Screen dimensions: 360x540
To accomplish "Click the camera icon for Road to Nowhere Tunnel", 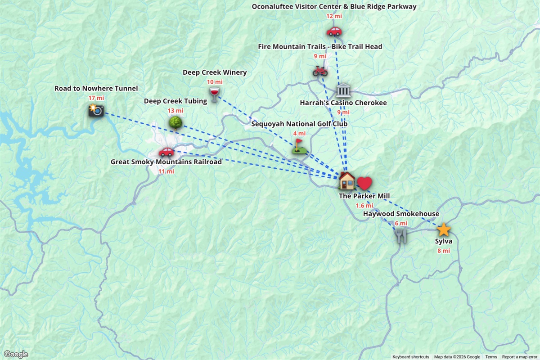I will click(x=96, y=110).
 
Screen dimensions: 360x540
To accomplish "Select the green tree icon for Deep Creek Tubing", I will click(x=175, y=122).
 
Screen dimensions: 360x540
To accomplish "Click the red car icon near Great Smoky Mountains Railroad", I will click(x=166, y=152).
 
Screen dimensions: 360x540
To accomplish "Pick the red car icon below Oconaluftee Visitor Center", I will click(x=334, y=31).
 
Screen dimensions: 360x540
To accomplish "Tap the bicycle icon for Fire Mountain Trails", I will click(x=319, y=71).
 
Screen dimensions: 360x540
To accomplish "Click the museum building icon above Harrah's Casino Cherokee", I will click(x=343, y=90).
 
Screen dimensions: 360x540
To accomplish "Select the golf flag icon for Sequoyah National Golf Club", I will click(x=298, y=146).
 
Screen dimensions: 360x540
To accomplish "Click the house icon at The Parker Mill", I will click(x=347, y=181).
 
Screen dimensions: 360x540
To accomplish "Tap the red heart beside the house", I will click(x=364, y=184).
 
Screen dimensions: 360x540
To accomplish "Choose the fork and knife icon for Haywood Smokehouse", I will click(x=401, y=236).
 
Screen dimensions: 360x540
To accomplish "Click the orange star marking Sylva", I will click(x=444, y=230).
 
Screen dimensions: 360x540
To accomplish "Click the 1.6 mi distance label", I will click(x=364, y=206).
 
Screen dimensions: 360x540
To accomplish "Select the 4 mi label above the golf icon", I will click(x=299, y=133).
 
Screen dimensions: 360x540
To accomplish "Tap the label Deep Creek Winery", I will click(x=215, y=72).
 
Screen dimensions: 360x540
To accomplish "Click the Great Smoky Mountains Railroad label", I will click(x=166, y=162).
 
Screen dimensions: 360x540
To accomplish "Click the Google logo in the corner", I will click(x=16, y=354).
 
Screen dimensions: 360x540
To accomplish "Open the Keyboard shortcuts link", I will click(x=410, y=357).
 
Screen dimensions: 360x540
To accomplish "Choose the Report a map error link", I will click(x=520, y=357).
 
